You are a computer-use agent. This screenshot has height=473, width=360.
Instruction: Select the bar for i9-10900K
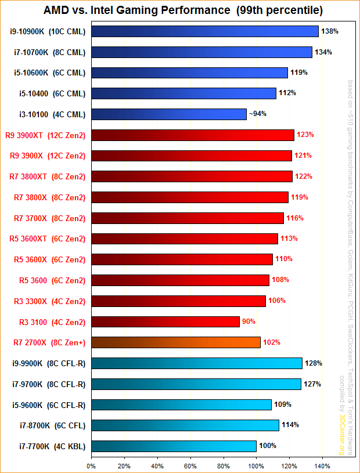point(204,31)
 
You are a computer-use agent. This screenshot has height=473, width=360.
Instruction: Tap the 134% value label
point(323,52)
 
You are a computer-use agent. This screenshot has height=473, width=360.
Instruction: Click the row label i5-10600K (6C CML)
point(49,73)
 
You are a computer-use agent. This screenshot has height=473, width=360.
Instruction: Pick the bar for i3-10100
point(168,114)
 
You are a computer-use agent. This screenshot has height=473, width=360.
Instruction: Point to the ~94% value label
point(257,114)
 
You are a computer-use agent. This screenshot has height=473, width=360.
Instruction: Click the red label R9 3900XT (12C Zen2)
point(49,135)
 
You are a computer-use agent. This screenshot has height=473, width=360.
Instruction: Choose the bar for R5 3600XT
point(184,239)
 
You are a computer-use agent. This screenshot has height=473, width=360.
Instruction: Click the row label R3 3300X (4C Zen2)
point(49,301)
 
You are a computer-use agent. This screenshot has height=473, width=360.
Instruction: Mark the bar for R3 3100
point(165,322)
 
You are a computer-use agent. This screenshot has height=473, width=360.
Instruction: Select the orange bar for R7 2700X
point(175,342)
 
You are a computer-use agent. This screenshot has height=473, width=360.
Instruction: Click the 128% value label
point(314,363)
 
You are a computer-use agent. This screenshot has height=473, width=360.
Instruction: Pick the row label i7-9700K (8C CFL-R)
point(49,384)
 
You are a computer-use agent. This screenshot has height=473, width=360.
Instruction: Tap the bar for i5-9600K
point(181,405)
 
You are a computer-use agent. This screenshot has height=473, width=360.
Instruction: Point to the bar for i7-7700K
point(174,446)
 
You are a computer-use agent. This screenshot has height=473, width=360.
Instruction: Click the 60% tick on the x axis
point(190,465)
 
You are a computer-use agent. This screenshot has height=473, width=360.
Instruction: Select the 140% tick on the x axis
point(322,465)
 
